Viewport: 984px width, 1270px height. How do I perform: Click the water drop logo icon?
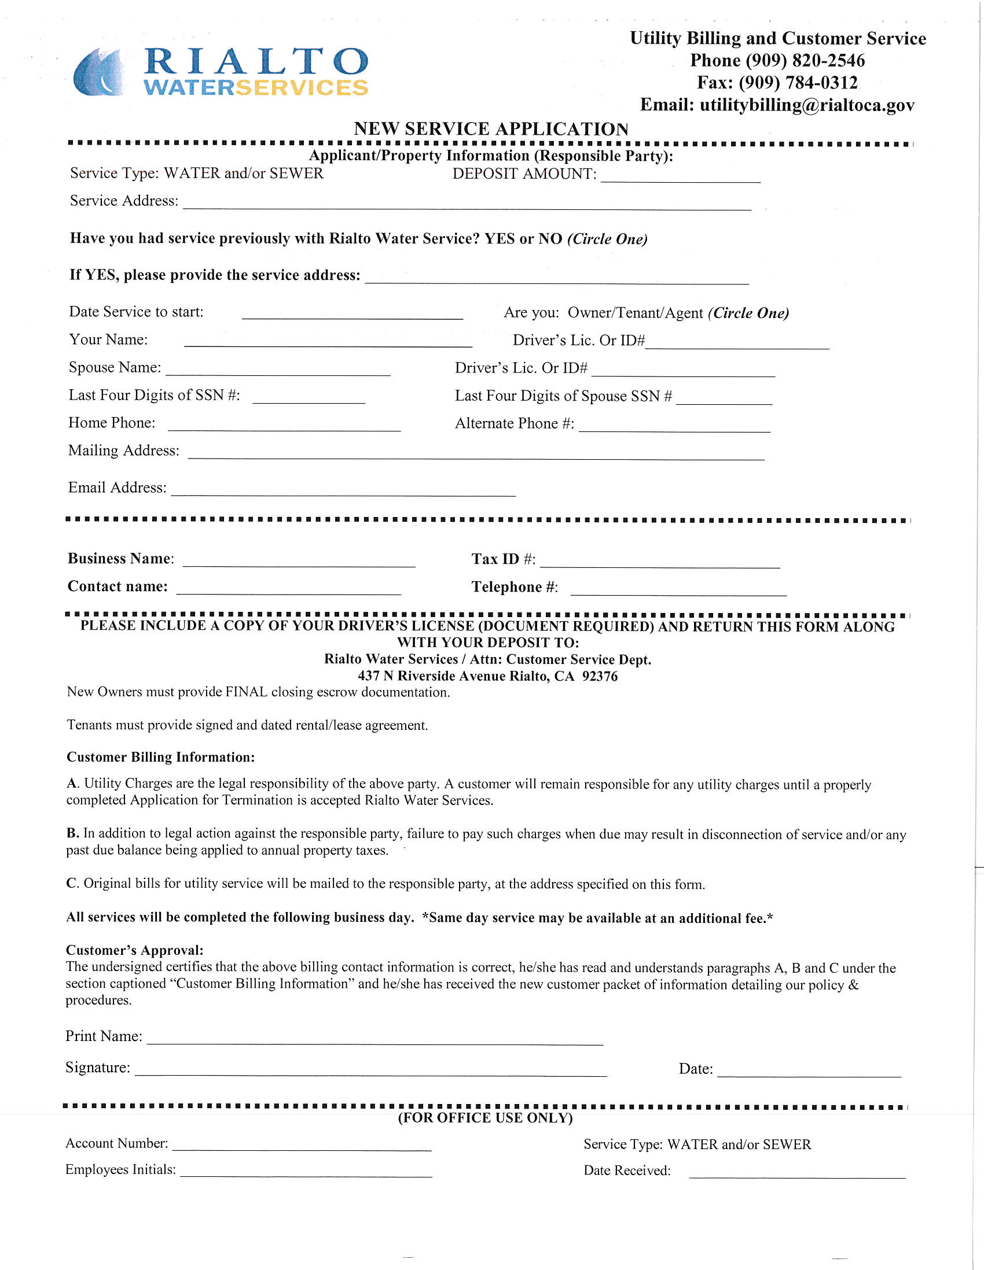[x=99, y=73]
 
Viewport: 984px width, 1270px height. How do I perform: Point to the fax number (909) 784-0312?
[x=798, y=83]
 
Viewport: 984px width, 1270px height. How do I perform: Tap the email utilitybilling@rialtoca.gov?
[x=806, y=105]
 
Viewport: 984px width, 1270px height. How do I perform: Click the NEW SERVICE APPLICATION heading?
[x=490, y=128]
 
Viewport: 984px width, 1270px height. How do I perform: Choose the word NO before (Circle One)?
[x=550, y=239]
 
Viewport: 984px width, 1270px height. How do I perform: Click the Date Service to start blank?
[x=352, y=313]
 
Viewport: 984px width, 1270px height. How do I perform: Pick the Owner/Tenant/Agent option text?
[x=635, y=313]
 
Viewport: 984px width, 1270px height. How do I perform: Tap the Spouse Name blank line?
[x=278, y=369]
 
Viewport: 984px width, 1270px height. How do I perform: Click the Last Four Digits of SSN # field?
[x=309, y=397]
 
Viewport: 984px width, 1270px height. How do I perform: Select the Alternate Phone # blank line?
[x=674, y=426]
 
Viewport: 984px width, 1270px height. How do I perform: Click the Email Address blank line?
[x=343, y=490]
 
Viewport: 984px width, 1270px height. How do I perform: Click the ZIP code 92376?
[x=599, y=676]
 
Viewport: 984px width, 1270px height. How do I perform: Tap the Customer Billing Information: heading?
[x=160, y=757]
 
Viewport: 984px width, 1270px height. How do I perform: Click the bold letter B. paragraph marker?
[x=73, y=833]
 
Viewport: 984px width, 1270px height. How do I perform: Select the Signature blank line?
[x=370, y=1070]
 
